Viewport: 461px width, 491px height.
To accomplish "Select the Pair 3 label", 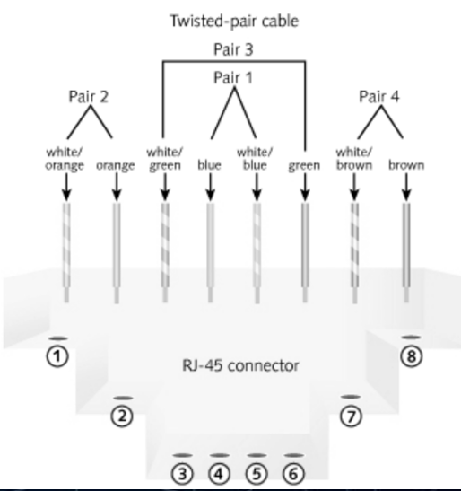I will (x=232, y=48).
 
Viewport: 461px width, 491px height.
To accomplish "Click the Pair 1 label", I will (x=232, y=77).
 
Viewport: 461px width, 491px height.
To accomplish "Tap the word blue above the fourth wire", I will (x=209, y=165).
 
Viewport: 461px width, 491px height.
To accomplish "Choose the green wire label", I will (x=304, y=165).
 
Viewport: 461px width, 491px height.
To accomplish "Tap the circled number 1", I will (x=58, y=356).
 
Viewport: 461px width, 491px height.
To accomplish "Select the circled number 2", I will (x=122, y=415).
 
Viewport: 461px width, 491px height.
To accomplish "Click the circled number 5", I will (x=257, y=473).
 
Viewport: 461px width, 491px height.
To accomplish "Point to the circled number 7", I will (x=350, y=415).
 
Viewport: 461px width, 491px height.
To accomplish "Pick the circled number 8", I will (x=411, y=355).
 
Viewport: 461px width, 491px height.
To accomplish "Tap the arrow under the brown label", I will (x=405, y=186).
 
